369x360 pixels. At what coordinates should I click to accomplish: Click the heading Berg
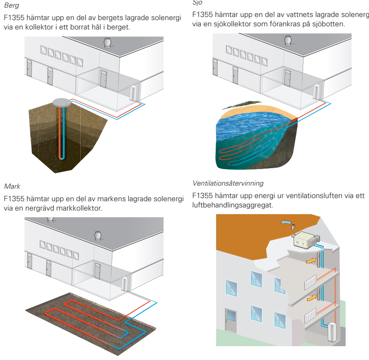12,5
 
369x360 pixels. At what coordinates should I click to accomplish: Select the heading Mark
12,186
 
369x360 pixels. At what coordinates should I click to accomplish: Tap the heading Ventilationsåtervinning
228,183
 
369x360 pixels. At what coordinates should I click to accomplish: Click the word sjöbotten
329,24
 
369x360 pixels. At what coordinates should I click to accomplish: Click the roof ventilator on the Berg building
107,43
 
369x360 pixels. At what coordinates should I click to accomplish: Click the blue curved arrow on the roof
285,222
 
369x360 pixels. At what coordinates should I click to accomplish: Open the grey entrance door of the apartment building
231,319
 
